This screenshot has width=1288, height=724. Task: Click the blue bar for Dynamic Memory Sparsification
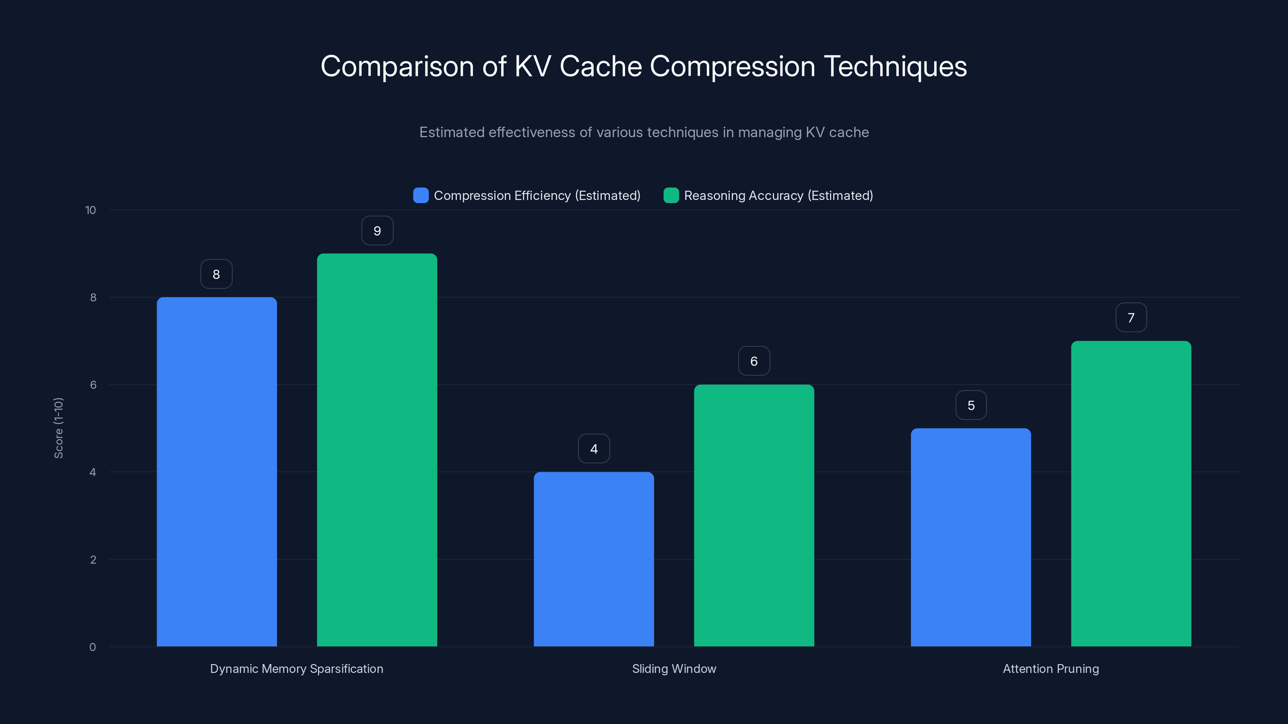[x=217, y=472]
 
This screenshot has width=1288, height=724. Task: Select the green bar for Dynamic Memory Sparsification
[x=377, y=450]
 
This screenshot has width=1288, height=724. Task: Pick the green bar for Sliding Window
[x=754, y=515]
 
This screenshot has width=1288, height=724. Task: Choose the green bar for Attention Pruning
[x=1131, y=494]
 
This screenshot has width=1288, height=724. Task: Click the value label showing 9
[x=377, y=231]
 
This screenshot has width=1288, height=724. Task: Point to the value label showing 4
[x=594, y=449]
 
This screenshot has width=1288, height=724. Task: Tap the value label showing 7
[x=1131, y=318]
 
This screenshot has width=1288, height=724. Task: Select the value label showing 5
[x=970, y=405]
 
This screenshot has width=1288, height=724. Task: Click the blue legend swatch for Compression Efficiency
[x=421, y=195]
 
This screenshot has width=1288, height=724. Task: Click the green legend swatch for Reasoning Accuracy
[x=671, y=195]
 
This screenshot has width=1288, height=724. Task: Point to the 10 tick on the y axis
[x=91, y=210]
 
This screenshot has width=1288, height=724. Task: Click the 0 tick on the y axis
[x=93, y=647]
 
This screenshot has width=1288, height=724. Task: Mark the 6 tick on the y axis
[x=93, y=385]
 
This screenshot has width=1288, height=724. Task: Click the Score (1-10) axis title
[x=58, y=428]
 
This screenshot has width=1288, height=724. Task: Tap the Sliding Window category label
[x=674, y=668]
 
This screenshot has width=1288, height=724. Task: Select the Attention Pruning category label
[x=1051, y=668]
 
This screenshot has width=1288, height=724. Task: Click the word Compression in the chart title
[x=732, y=66]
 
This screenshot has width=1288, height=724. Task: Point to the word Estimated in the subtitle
[x=452, y=132]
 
